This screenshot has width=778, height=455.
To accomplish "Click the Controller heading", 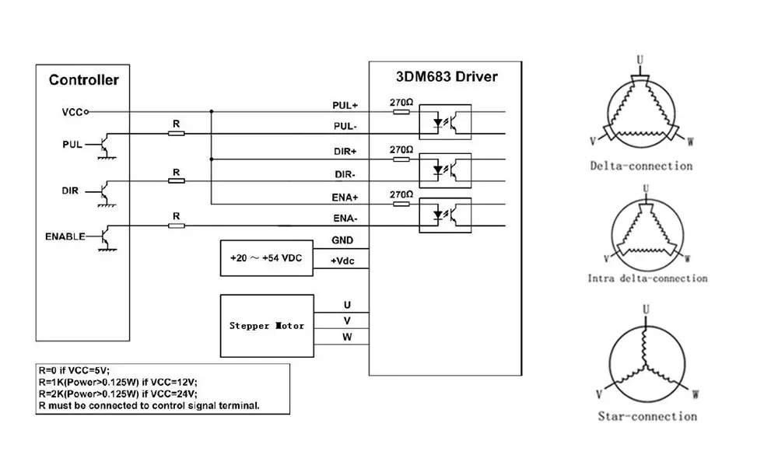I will (83, 80).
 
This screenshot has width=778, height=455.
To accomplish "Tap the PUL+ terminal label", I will (345, 104).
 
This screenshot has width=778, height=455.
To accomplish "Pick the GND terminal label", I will (342, 240).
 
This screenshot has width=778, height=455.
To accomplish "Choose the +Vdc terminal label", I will (342, 261).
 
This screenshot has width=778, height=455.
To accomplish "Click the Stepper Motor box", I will (267, 325).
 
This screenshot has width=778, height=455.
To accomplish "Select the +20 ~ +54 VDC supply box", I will (267, 257).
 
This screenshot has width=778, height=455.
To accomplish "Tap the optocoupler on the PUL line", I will (445, 123).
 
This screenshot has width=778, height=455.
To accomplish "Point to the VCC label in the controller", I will (72, 112).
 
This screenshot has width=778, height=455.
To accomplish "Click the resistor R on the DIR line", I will (177, 180).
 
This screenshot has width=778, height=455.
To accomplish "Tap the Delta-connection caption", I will (641, 166).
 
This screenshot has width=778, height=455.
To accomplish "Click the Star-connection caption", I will (647, 416).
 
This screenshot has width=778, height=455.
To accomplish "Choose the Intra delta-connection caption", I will (647, 278).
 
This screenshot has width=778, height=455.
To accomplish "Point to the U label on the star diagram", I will (645, 310).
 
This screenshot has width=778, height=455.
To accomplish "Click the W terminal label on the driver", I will (347, 337).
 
